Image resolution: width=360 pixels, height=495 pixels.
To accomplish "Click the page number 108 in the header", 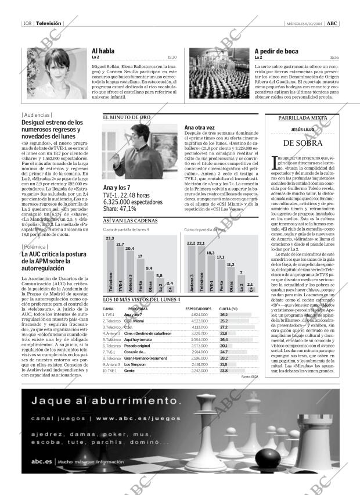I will pyautogui.click(x=27, y=23).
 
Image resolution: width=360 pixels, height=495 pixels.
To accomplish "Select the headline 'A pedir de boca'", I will pyautogui.click(x=277, y=51).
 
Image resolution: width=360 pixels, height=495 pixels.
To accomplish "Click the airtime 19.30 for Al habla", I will pyautogui.click(x=172, y=58).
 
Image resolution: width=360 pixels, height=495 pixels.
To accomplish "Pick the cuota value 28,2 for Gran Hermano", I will pyautogui.click(x=224, y=358).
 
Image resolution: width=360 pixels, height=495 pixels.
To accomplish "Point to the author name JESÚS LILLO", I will pyautogui.click(x=303, y=130).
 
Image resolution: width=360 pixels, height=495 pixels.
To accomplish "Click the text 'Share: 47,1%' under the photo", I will pyautogui.click(x=120, y=207).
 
